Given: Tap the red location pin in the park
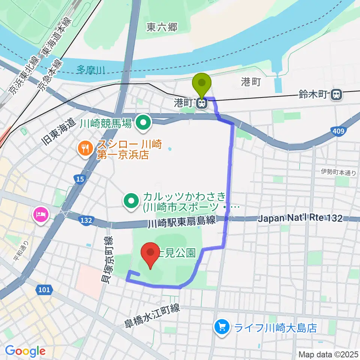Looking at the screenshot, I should click(x=150, y=253).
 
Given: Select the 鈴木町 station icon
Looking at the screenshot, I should click(x=337, y=95).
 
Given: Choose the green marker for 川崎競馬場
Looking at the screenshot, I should click(x=143, y=122).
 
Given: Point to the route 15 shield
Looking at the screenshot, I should click(x=79, y=180).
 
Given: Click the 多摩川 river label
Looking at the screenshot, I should click(x=91, y=69).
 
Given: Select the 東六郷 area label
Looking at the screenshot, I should click(x=162, y=27).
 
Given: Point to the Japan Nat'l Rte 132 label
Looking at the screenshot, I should click(x=300, y=218).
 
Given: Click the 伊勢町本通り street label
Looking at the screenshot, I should click(x=338, y=172).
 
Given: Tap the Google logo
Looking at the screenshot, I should click(x=25, y=351).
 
